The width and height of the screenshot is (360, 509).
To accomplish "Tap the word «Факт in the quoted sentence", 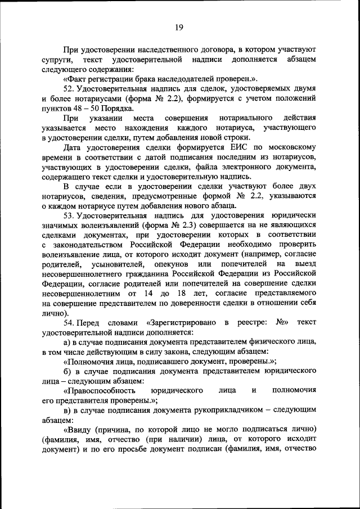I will point(75,79).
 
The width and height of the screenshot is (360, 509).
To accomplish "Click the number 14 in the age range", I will point(148,294).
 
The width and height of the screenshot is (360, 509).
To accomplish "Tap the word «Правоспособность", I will point(100,390).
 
